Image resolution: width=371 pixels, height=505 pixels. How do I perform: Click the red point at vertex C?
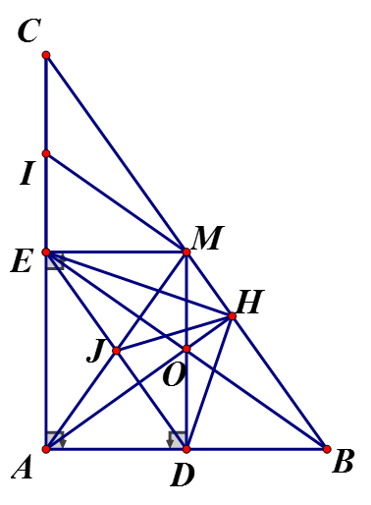(46, 55)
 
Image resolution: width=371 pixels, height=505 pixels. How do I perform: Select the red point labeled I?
(46, 153)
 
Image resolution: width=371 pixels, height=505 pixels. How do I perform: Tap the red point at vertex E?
(46, 252)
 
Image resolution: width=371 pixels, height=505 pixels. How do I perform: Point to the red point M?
(186, 252)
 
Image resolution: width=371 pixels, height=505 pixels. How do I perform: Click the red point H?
(232, 316)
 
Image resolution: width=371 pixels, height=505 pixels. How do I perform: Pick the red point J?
(116, 351)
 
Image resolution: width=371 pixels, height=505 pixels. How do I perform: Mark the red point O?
(186, 349)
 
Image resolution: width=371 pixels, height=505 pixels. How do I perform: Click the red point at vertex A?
(46, 449)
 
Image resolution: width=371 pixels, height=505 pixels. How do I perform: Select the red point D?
(186, 449)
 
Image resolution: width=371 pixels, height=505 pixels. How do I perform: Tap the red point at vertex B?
(327, 449)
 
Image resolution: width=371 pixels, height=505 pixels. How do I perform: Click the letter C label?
(29, 30)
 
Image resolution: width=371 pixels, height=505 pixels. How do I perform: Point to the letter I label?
(27, 174)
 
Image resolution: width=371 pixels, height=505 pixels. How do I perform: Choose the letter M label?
(207, 238)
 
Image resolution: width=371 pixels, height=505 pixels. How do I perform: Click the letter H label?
(249, 302)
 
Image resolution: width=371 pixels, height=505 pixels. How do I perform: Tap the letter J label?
(95, 353)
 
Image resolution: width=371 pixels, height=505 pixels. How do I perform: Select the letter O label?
(174, 375)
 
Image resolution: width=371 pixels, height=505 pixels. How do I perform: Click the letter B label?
(343, 461)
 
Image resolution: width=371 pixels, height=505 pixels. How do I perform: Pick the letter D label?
(183, 475)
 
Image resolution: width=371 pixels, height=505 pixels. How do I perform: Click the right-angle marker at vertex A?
(56, 440)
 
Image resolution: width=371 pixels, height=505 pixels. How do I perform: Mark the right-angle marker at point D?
(177, 440)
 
